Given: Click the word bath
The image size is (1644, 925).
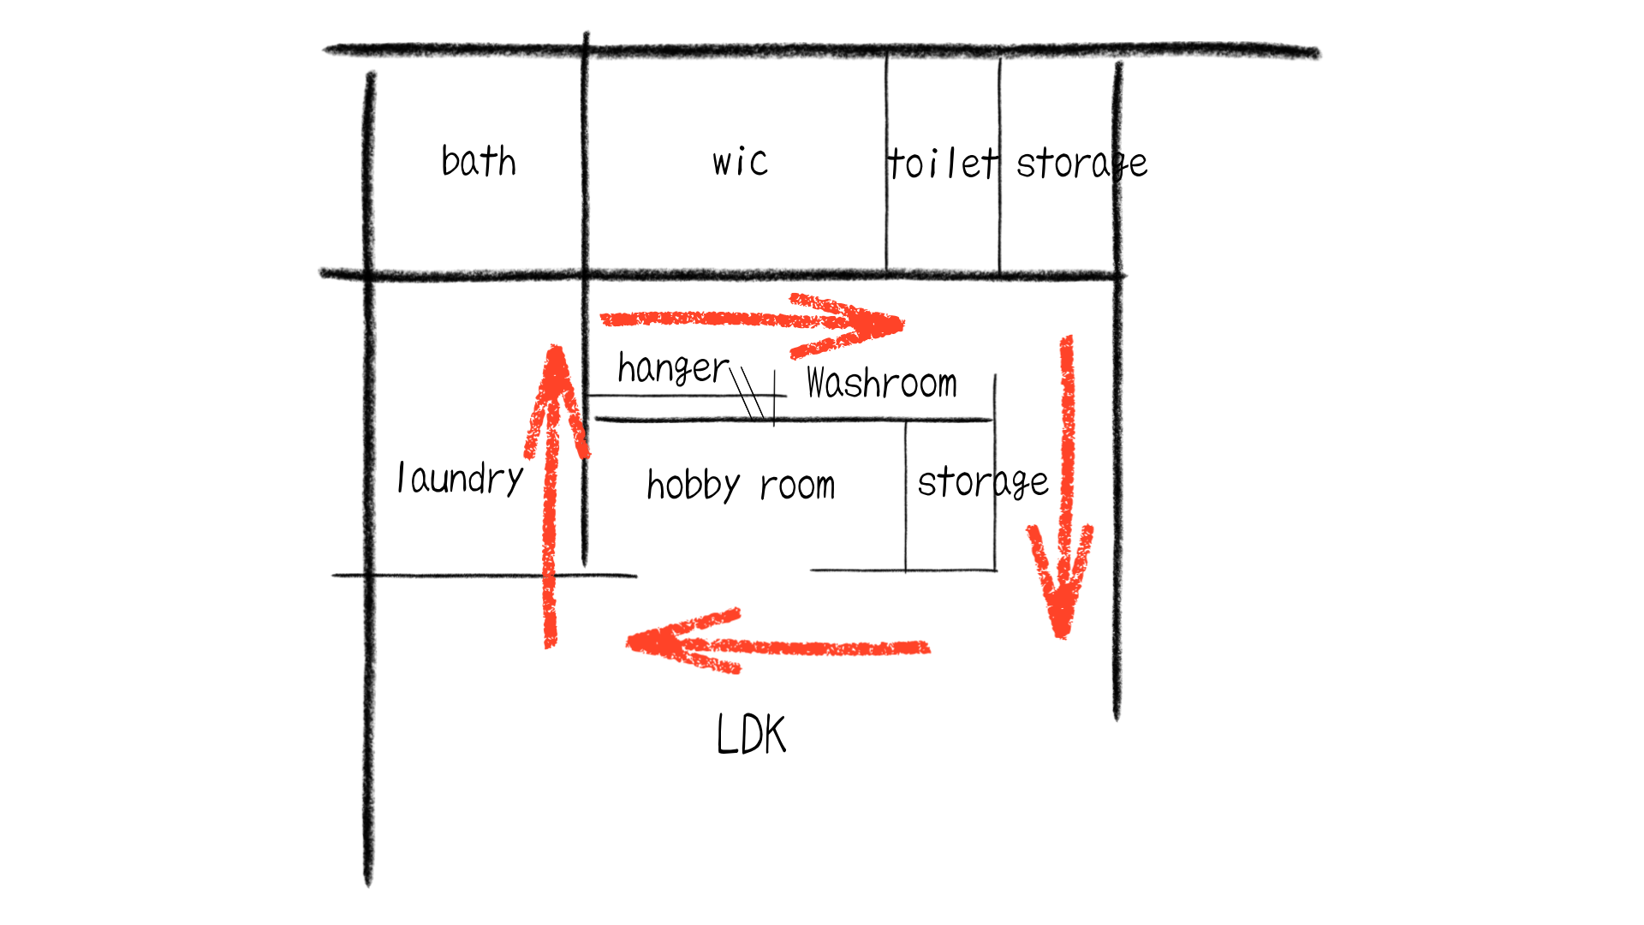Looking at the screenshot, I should pos(479,161).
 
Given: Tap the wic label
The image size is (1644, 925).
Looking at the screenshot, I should pos(740,162).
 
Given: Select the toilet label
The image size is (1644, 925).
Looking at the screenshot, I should pos(942,163).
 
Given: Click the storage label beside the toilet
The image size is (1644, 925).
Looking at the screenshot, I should pos(1081,163).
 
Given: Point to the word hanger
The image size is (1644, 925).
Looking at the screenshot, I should pos(673,368).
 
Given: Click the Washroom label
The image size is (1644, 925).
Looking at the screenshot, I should pos(881,383).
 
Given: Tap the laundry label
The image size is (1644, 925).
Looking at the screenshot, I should pos(460,478).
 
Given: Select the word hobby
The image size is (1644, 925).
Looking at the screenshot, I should pos(693,486).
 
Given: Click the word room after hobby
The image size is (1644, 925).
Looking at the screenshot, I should pos(797,486).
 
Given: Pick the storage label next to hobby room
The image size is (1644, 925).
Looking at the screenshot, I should pos(982,482).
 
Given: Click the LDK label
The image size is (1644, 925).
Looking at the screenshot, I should pos(751,735).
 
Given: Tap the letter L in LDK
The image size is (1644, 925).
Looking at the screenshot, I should pos(726,735).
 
